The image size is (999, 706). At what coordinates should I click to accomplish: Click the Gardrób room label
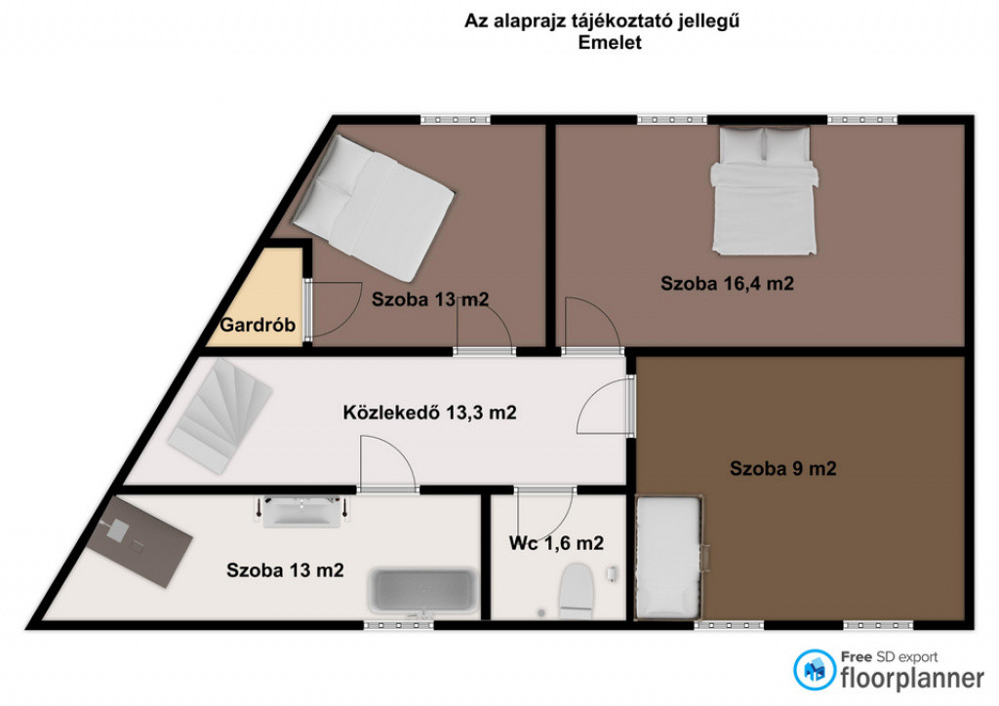tap(258, 325)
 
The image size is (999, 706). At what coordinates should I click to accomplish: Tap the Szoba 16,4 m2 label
tap(727, 284)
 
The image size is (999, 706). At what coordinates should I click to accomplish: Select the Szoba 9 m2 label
tap(783, 468)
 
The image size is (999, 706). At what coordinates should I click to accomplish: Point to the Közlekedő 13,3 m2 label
tap(429, 412)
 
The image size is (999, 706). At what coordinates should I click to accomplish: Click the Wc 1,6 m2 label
tap(556, 543)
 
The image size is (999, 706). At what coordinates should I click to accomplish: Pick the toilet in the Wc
tap(577, 591)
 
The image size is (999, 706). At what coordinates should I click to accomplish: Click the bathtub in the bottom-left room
tap(423, 591)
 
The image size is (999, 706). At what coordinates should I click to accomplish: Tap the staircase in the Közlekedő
tap(220, 415)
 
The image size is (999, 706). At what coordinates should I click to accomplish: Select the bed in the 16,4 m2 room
tap(764, 190)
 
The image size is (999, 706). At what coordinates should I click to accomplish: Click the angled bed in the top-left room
tap(373, 208)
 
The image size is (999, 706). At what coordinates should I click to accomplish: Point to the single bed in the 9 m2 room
tap(669, 558)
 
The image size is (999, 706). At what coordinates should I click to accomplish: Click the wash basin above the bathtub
tap(301, 511)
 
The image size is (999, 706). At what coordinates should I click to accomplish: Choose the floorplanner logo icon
tap(815, 670)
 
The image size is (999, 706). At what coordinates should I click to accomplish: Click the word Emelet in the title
tap(610, 43)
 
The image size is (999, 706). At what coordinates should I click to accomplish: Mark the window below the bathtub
tap(399, 626)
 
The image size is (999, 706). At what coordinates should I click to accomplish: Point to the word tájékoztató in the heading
tap(613, 21)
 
